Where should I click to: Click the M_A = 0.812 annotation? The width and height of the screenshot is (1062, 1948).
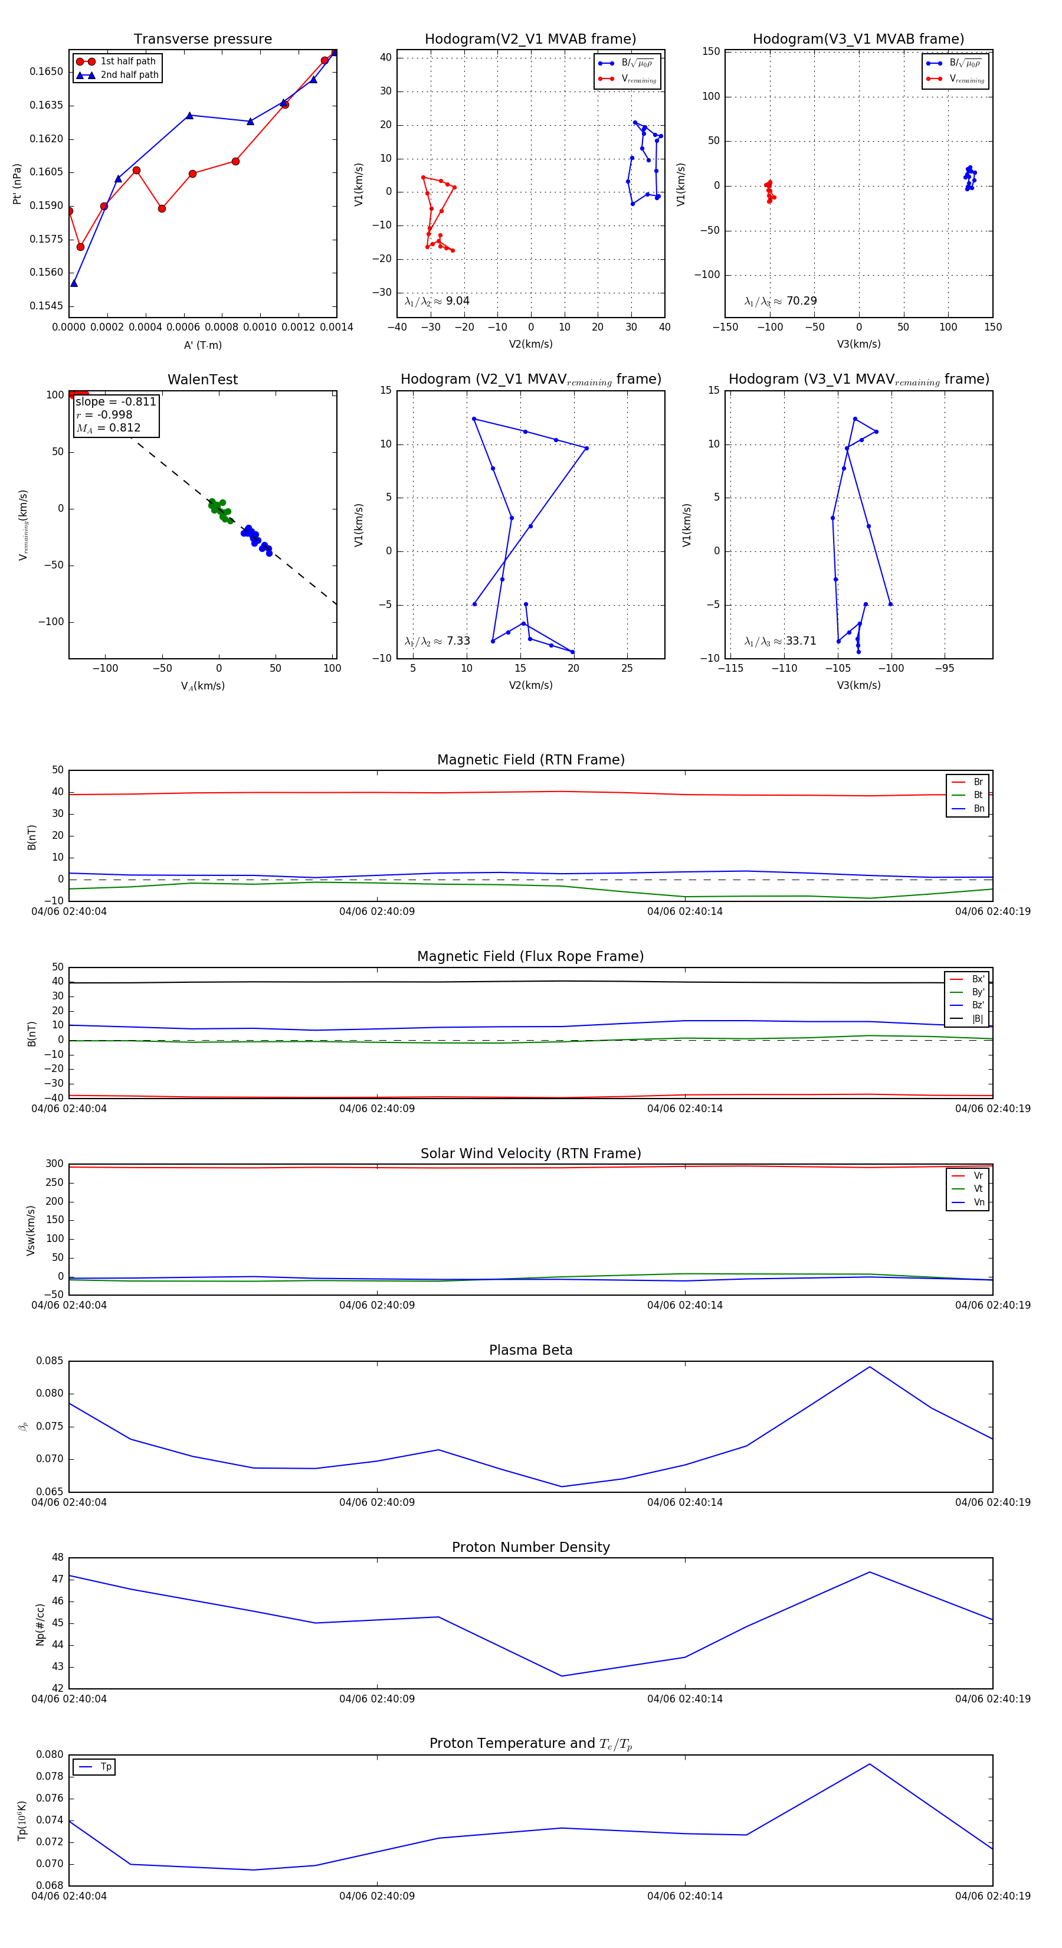click(x=108, y=428)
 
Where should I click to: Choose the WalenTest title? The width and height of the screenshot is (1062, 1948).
click(x=202, y=380)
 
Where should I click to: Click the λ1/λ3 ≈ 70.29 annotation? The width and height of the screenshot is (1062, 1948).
click(x=781, y=301)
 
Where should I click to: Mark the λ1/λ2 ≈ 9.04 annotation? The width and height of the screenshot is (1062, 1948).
click(x=437, y=301)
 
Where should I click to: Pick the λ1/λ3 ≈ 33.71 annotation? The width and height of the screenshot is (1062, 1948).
click(x=780, y=641)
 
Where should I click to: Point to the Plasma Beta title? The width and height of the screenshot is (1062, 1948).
click(x=530, y=1351)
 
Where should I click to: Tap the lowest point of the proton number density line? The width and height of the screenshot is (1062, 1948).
click(x=562, y=1676)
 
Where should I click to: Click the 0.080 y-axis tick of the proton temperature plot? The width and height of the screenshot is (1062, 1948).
click(x=50, y=1754)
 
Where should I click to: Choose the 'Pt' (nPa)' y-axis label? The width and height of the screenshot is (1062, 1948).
click(x=17, y=184)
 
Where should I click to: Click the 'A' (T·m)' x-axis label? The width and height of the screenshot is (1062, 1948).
click(x=202, y=345)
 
